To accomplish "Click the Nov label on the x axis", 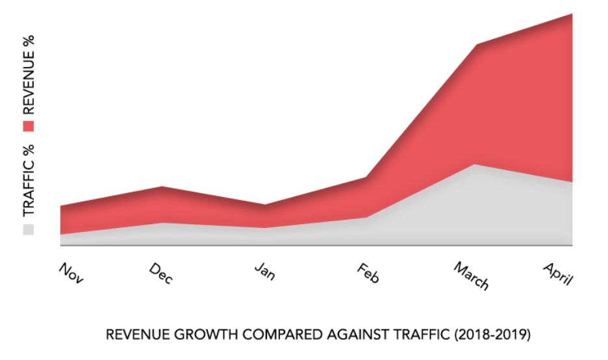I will coord(71,273).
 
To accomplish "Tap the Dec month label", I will coord(161,273).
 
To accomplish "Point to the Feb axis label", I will coord(367,274).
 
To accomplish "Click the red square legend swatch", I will coord(29,125).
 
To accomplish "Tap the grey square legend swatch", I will coord(29,229).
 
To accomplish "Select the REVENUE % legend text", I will coord(29,75).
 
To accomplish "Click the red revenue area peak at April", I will coord(571,15).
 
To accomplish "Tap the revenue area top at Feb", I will coord(367,178).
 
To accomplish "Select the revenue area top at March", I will coord(477,46).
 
